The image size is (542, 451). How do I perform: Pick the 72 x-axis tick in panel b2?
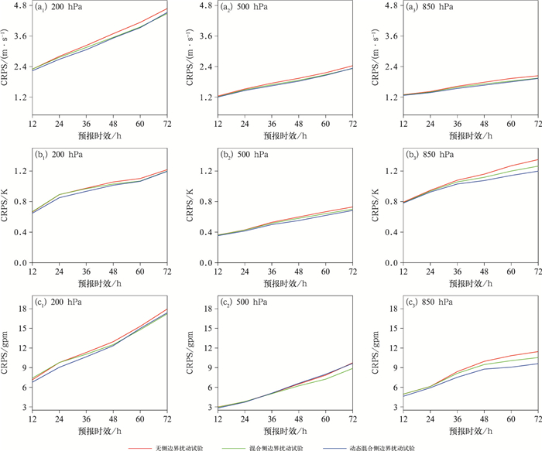352,272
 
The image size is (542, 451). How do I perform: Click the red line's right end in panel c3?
538,352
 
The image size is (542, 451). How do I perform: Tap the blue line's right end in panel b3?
538,171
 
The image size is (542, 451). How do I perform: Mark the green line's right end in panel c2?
353,368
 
